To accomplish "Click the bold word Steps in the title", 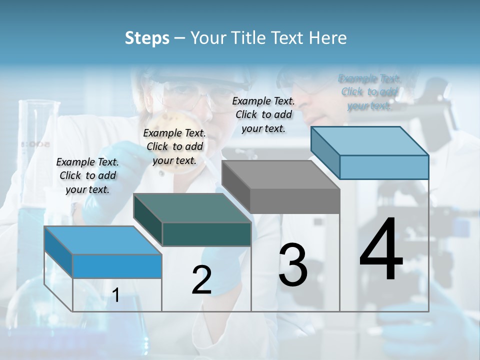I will pyautogui.click(x=147, y=38).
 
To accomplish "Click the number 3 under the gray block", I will pyautogui.click(x=292, y=265).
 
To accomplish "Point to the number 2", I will pyautogui.click(x=201, y=280).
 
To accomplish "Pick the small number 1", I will pyautogui.click(x=116, y=295).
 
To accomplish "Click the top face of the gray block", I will pyautogui.click(x=280, y=175).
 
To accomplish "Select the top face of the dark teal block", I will pyautogui.click(x=192, y=208).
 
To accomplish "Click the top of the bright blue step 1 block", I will pyautogui.click(x=102, y=240).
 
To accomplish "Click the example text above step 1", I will pyautogui.click(x=87, y=175).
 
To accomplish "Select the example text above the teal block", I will pyautogui.click(x=174, y=146).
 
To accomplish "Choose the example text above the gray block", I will pyautogui.click(x=263, y=114).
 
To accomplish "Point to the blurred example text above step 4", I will pyautogui.click(x=369, y=92).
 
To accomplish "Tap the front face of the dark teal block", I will pyautogui.click(x=206, y=234).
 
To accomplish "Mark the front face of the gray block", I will pyautogui.click(x=295, y=201).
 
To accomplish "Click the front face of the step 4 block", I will pyautogui.click(x=384, y=167).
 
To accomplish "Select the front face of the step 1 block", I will pyautogui.click(x=117, y=266).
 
